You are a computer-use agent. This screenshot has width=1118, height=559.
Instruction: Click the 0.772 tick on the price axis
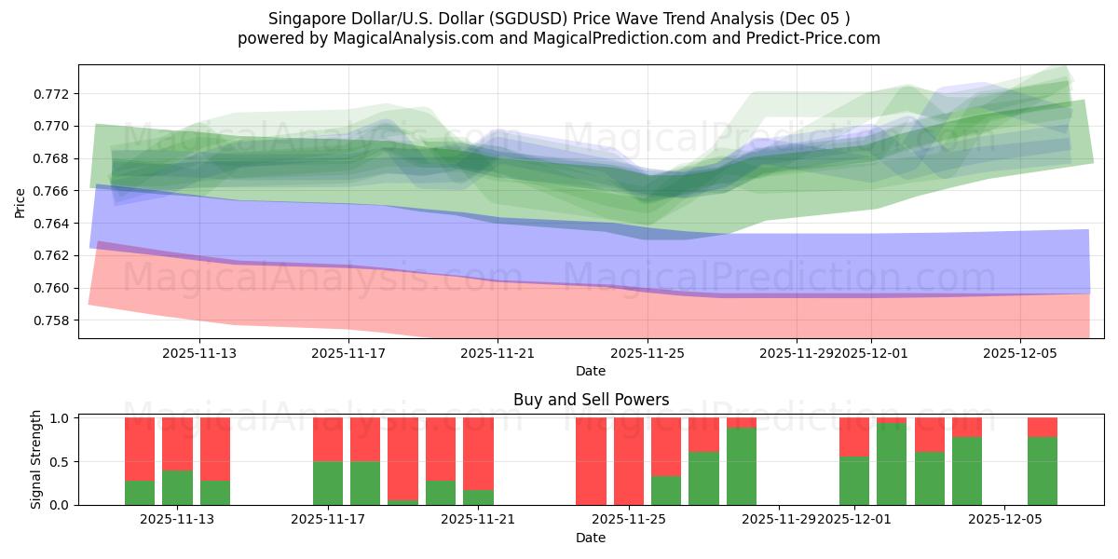[x=54, y=94]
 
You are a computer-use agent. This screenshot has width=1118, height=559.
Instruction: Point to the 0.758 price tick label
[x=54, y=320]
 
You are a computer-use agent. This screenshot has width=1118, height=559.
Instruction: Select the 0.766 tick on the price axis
[x=54, y=191]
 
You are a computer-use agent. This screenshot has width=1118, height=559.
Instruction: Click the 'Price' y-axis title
[x=20, y=202]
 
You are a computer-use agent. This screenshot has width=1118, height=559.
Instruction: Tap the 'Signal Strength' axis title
[x=35, y=459]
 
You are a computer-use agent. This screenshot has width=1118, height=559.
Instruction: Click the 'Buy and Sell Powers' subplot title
[x=591, y=400]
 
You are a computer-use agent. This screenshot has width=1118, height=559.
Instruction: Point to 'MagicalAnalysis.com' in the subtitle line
[x=407, y=38]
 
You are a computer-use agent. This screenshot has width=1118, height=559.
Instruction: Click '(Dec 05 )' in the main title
[x=814, y=18]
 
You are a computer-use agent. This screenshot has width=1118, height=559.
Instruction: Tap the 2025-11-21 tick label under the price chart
[x=498, y=353]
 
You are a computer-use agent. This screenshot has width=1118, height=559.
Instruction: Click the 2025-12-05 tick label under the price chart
[x=1020, y=353]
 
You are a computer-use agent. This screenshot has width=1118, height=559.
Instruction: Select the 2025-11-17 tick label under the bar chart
[x=328, y=519]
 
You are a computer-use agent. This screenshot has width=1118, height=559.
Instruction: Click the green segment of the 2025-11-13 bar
[x=177, y=487]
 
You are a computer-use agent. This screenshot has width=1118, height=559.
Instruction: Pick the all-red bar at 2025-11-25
[x=629, y=461]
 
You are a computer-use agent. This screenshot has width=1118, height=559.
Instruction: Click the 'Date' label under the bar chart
[x=591, y=538]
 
